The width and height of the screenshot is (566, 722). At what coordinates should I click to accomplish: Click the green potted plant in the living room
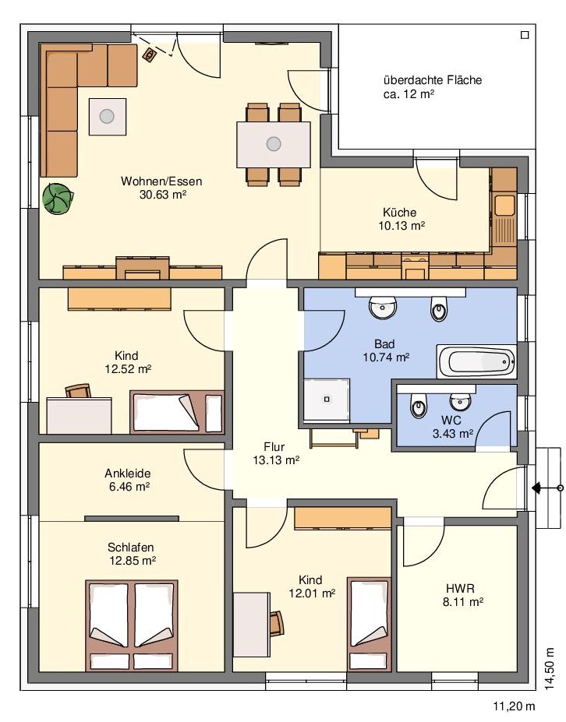[58, 199]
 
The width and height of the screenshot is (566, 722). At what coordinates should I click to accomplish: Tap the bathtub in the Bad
[476, 362]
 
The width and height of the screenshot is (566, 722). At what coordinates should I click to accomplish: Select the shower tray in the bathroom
[327, 400]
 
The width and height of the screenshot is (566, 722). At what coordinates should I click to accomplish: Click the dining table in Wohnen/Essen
[274, 144]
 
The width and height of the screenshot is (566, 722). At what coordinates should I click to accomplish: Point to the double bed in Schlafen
[132, 625]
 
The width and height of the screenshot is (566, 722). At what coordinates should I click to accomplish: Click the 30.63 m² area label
[163, 194]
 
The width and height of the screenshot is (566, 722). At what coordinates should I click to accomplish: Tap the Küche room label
[400, 213]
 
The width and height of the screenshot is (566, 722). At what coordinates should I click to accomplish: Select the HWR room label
[460, 588]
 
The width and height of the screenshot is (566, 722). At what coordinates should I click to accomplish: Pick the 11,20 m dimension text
[515, 706]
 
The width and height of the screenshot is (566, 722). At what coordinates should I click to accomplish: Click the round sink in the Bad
[383, 308]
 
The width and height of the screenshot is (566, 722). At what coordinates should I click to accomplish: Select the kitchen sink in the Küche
[504, 205]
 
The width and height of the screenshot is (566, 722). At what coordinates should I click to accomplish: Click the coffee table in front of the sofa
[108, 117]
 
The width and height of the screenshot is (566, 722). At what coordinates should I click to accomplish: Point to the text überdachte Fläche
[433, 80]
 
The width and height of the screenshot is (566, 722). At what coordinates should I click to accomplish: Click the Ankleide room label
[128, 474]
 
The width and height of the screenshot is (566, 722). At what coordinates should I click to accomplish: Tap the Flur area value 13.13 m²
[276, 460]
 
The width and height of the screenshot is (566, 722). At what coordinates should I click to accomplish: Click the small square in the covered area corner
[525, 35]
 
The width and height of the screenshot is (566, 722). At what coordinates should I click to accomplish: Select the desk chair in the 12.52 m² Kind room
[78, 391]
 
